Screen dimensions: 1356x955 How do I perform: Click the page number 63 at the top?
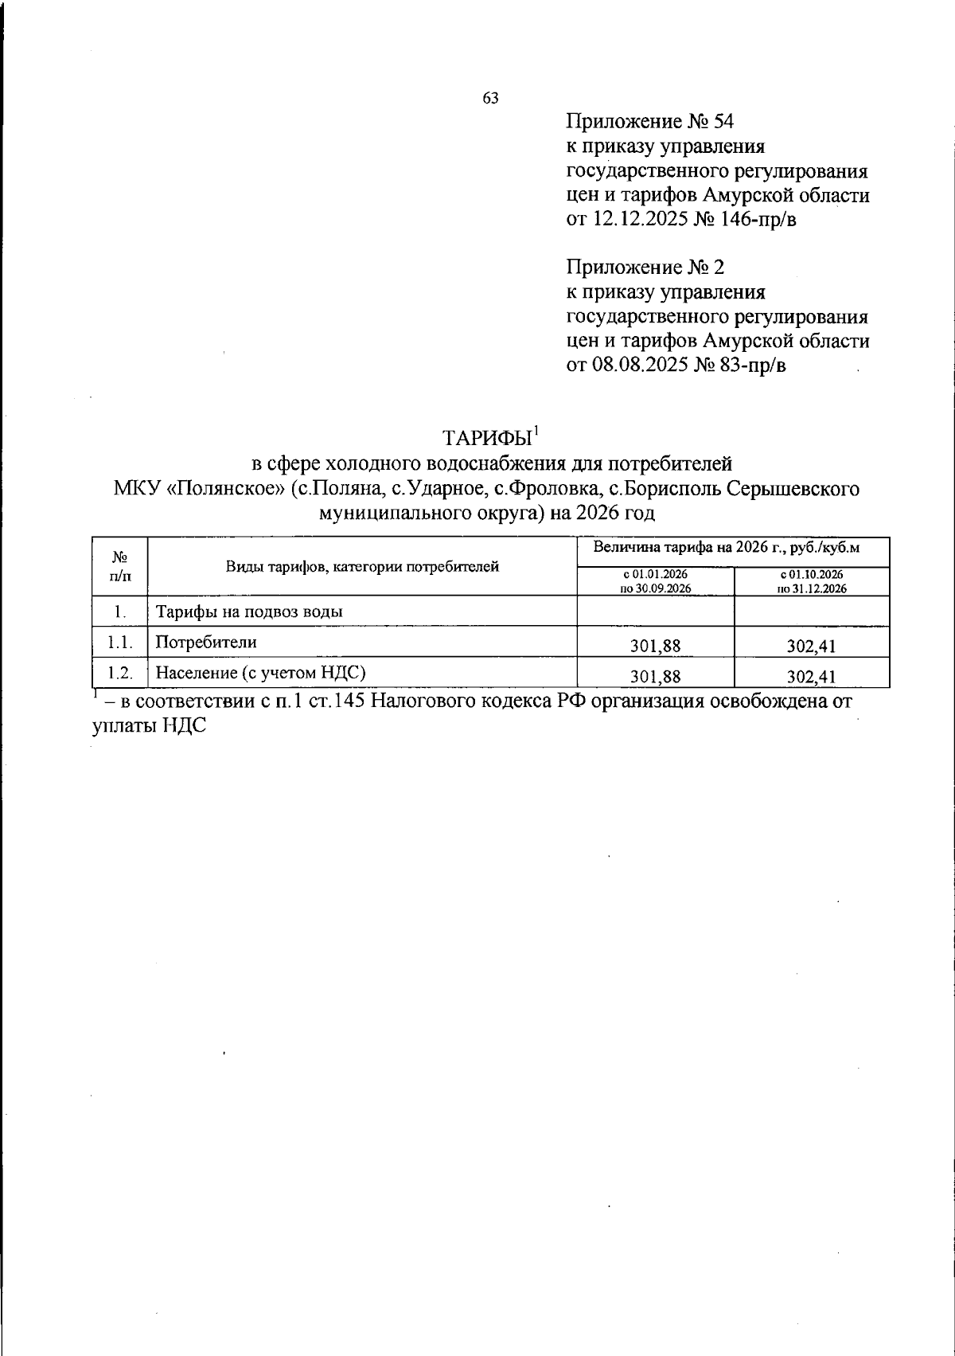point(490,98)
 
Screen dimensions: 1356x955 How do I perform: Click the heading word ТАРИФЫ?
point(486,439)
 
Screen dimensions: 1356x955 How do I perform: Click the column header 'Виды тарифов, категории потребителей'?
point(362,567)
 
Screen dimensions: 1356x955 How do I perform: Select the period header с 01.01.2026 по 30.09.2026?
point(655,581)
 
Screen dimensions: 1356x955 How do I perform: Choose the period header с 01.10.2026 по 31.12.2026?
point(811,581)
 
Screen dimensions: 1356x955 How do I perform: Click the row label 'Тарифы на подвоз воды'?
point(250,612)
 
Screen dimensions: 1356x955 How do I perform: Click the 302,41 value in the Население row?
point(811,677)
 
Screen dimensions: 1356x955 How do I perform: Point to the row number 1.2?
point(119,673)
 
